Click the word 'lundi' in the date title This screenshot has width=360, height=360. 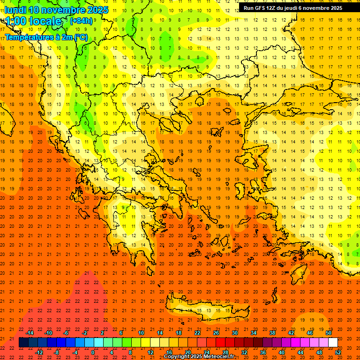15,10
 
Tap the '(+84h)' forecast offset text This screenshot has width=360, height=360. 81,21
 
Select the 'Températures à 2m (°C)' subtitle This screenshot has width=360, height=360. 46,37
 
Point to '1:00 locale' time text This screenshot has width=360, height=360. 33,22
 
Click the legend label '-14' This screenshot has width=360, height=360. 30,333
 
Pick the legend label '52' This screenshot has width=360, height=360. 338,352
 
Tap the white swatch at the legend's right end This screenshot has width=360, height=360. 333,343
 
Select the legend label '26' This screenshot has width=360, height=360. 216,333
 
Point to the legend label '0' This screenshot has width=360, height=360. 93,352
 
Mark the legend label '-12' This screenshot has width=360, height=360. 39,352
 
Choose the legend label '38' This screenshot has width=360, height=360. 272,333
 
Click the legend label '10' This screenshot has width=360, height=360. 141,333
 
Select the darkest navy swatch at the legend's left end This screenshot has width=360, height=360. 23,343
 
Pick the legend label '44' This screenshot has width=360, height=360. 300,352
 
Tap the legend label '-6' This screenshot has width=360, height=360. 66,333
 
